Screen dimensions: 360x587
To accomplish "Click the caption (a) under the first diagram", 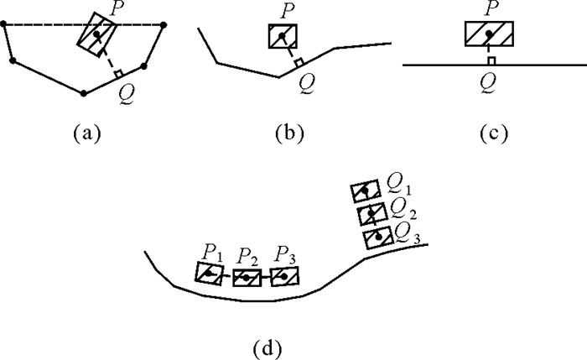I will point(87,133).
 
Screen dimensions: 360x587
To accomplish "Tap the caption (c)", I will point(489,133).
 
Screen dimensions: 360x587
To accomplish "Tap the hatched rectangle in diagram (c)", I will point(489,34).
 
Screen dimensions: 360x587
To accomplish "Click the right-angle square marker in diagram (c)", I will point(491,60).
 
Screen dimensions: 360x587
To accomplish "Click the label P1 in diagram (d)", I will point(210,251).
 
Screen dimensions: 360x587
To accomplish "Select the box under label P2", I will point(247,276).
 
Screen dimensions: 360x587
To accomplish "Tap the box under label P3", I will point(284,274).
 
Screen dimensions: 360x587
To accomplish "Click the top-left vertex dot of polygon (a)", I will point(6,26).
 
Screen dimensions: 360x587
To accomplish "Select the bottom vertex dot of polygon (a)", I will point(83,91).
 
